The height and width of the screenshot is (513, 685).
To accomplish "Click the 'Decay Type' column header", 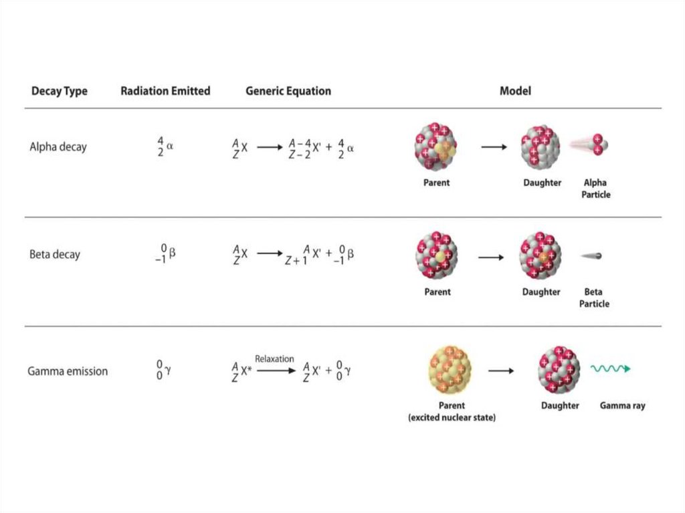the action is coord(59,91).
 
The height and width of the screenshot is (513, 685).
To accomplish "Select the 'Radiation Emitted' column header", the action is coord(165,91).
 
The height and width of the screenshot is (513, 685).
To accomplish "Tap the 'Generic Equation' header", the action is coord(288,91).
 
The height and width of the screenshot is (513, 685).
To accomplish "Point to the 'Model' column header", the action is coord(515,91).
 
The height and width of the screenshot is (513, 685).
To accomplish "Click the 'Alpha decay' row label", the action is coord(58,147).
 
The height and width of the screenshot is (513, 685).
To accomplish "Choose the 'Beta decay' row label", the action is coord(55,254).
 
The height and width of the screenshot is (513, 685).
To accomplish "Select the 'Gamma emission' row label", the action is coord(68,371).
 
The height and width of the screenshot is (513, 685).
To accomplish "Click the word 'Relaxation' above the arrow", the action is coord(274,359).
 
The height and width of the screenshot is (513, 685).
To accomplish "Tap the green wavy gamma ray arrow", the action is coord(610,368).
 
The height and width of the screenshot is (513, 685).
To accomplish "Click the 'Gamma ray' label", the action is coord(622,405).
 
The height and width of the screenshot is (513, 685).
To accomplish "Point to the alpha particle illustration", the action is coord(597,144).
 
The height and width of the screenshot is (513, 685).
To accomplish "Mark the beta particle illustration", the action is coord(593,256).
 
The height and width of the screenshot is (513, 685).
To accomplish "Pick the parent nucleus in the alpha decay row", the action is coord(435,146).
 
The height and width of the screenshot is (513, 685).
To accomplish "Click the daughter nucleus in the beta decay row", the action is coord(541,255).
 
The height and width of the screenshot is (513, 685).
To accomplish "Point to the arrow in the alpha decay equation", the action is coord(270,148).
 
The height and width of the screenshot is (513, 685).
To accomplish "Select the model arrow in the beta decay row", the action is coord(491,256).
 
